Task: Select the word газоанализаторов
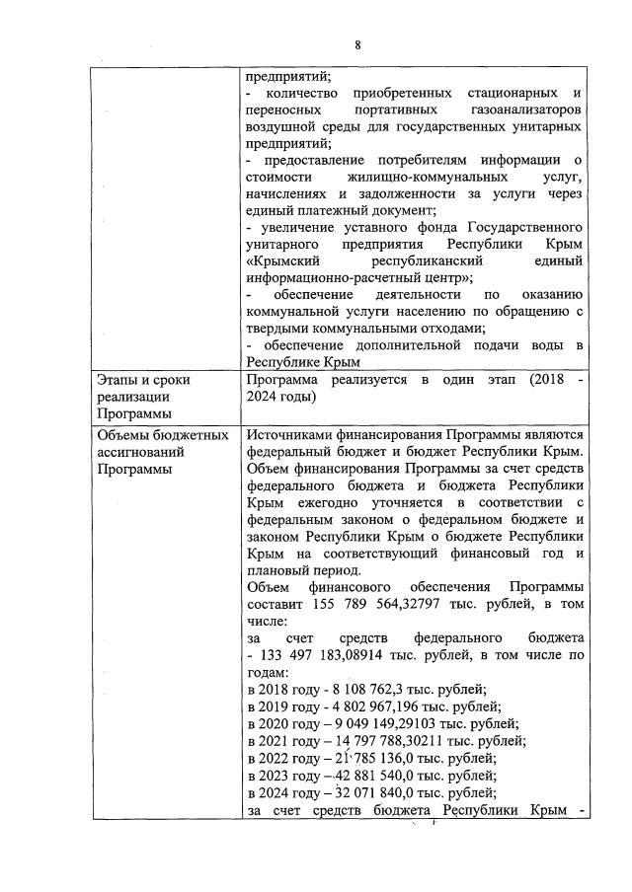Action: pyautogui.click(x=521, y=110)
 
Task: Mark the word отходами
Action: pyautogui.click(x=445, y=328)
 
